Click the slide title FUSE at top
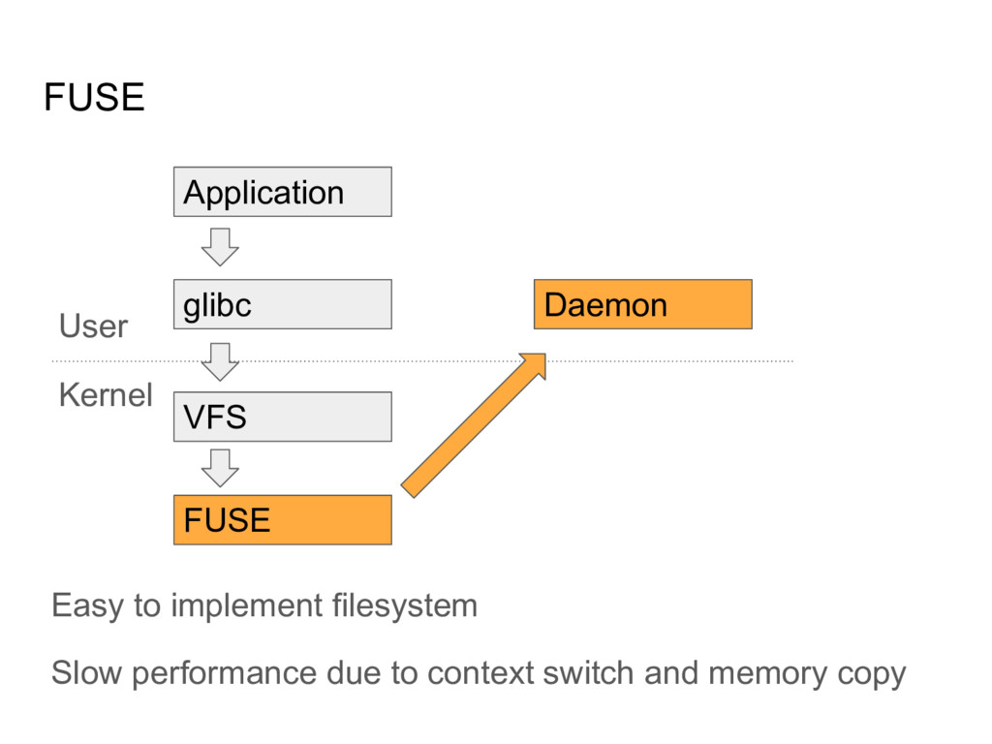coord(94,98)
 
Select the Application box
coord(282,192)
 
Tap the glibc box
coord(282,304)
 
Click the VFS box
coord(282,418)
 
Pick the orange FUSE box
coord(282,520)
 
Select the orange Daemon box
coord(642,304)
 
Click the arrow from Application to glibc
coord(220,247)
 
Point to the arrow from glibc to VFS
coord(220,360)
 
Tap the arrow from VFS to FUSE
coord(220,467)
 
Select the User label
coord(93,326)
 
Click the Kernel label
coord(106,394)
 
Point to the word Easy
coord(87,606)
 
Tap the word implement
coord(245,607)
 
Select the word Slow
coord(86,673)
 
